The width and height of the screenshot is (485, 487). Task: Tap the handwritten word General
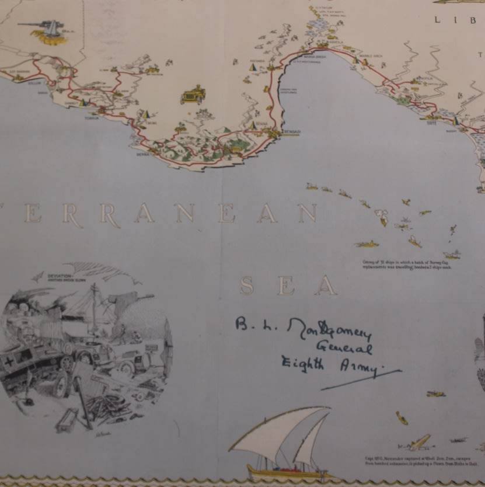(344, 349)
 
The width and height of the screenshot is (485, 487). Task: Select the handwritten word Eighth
(302, 363)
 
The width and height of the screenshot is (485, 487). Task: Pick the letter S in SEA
(247, 286)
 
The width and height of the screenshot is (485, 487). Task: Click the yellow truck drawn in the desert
(194, 94)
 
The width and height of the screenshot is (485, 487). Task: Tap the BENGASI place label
(291, 132)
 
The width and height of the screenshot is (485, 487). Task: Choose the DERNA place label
(143, 155)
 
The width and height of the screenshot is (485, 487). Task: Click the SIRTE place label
(432, 123)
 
